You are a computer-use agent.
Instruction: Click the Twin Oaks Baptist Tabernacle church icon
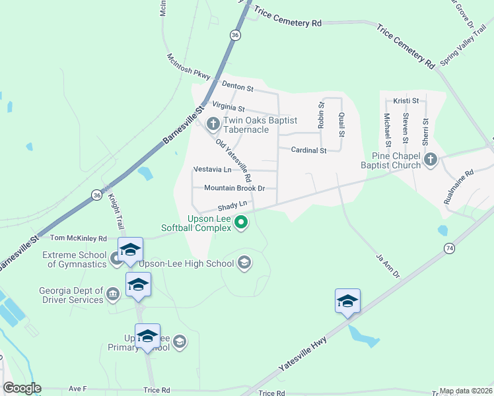[213, 123]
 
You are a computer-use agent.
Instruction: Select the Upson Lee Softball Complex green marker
[241, 223]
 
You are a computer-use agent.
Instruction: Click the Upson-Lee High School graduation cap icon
[244, 263]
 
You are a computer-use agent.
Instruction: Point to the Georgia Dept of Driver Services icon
[113, 293]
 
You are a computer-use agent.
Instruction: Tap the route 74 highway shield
[450, 248]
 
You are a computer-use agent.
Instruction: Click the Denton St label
[238, 86]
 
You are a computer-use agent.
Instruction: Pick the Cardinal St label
[309, 150]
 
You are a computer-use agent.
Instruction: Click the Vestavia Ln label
[212, 170]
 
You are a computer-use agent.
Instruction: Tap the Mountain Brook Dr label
[234, 188]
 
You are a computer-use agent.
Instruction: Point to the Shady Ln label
[232, 207]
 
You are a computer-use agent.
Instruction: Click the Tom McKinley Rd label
[79, 238]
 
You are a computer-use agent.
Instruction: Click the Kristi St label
[406, 100]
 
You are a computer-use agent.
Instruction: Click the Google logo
[22, 388]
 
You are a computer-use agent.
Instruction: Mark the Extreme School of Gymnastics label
[74, 259]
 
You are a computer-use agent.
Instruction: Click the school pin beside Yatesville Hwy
[347, 302]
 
